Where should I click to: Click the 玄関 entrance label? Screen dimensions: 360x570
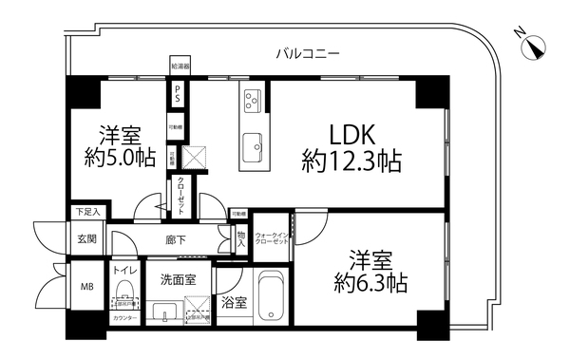[x=86, y=238]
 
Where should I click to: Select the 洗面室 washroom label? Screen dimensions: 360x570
[x=177, y=279]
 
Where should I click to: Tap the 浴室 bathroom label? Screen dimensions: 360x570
[x=233, y=304]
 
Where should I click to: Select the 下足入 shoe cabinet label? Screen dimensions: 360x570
[x=86, y=212]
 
